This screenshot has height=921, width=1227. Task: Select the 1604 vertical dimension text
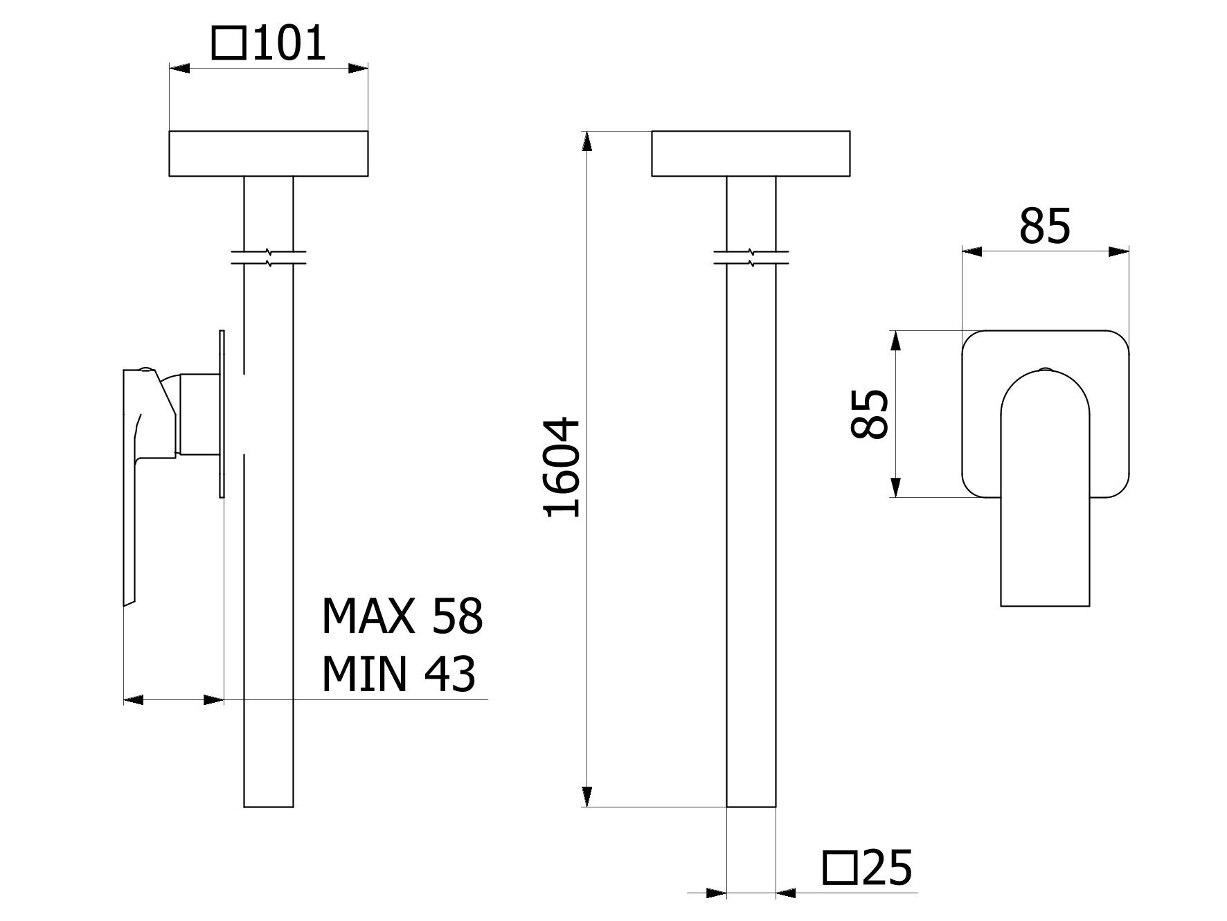562,467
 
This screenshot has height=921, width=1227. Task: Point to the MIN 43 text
398,674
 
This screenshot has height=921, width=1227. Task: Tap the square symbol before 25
839,868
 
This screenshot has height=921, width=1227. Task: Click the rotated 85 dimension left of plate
870,414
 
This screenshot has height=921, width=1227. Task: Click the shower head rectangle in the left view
268,153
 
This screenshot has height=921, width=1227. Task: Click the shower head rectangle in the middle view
750,153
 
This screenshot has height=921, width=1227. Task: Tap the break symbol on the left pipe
269,257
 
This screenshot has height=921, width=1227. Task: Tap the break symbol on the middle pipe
751,257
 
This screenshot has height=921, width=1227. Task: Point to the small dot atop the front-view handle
1045,368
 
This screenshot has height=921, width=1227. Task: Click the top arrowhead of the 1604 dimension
587,141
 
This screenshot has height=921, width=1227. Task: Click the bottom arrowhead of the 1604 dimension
587,797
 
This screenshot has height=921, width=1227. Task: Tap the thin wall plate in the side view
222,413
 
